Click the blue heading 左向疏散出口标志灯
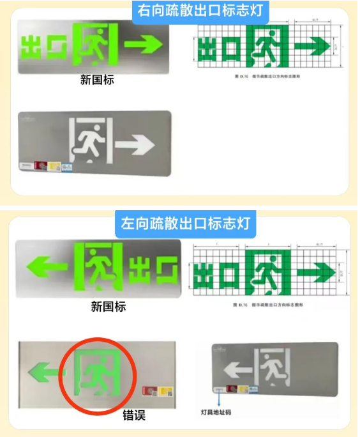185,224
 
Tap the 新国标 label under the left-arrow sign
108,307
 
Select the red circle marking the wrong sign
97,373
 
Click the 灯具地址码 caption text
216,413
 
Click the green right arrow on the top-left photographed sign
143,44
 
